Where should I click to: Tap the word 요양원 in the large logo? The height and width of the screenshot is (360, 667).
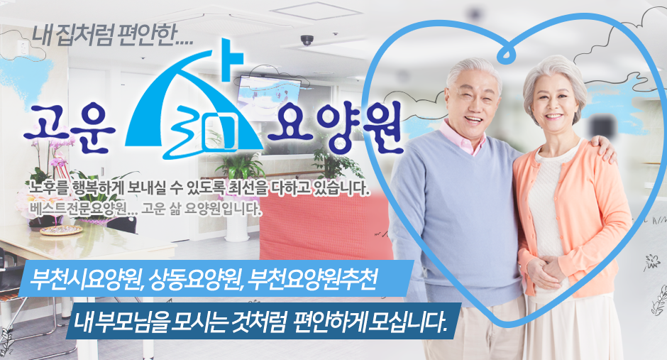tap(334, 128)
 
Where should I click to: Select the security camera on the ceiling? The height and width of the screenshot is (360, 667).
tap(307, 40)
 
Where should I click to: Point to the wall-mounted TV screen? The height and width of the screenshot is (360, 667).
tap(269, 91)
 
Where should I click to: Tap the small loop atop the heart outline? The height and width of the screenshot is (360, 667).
tap(505, 53)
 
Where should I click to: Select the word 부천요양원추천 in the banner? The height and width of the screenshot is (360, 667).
tap(313, 279)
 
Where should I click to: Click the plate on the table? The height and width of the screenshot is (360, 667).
tap(61, 230)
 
